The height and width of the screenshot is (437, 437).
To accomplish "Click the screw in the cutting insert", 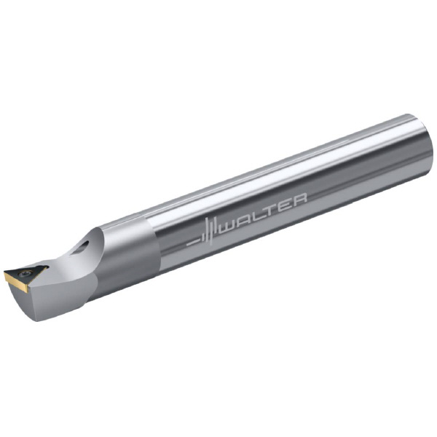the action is [x=27, y=273].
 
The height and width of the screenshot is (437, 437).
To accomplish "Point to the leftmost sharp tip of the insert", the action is [x=4, y=271].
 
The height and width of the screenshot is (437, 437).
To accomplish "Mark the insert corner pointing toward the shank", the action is [x=47, y=267].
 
